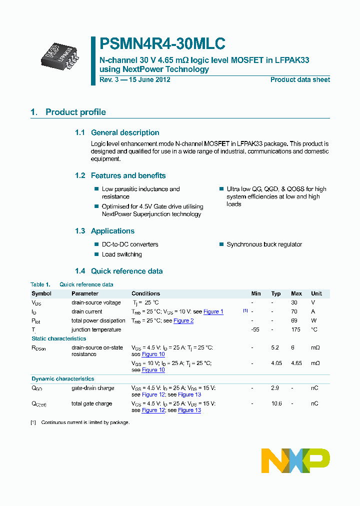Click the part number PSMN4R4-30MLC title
pos(162,44)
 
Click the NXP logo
pos(295,460)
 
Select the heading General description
pos(125,132)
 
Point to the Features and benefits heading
pos(128,175)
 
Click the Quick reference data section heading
pos(126,271)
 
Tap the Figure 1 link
pos(213,312)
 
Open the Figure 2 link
pos(183,321)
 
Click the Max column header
pos(296,293)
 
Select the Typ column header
pos(276,293)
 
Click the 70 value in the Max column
pos(294,311)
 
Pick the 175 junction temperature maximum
pos(296,329)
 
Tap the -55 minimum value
pos(256,329)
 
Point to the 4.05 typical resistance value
pos(276,363)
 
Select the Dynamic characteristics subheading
pos(62,379)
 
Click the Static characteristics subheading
pos(59,338)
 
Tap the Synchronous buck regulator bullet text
pos(264,244)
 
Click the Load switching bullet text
pos(121,254)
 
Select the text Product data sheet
pos(300,80)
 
